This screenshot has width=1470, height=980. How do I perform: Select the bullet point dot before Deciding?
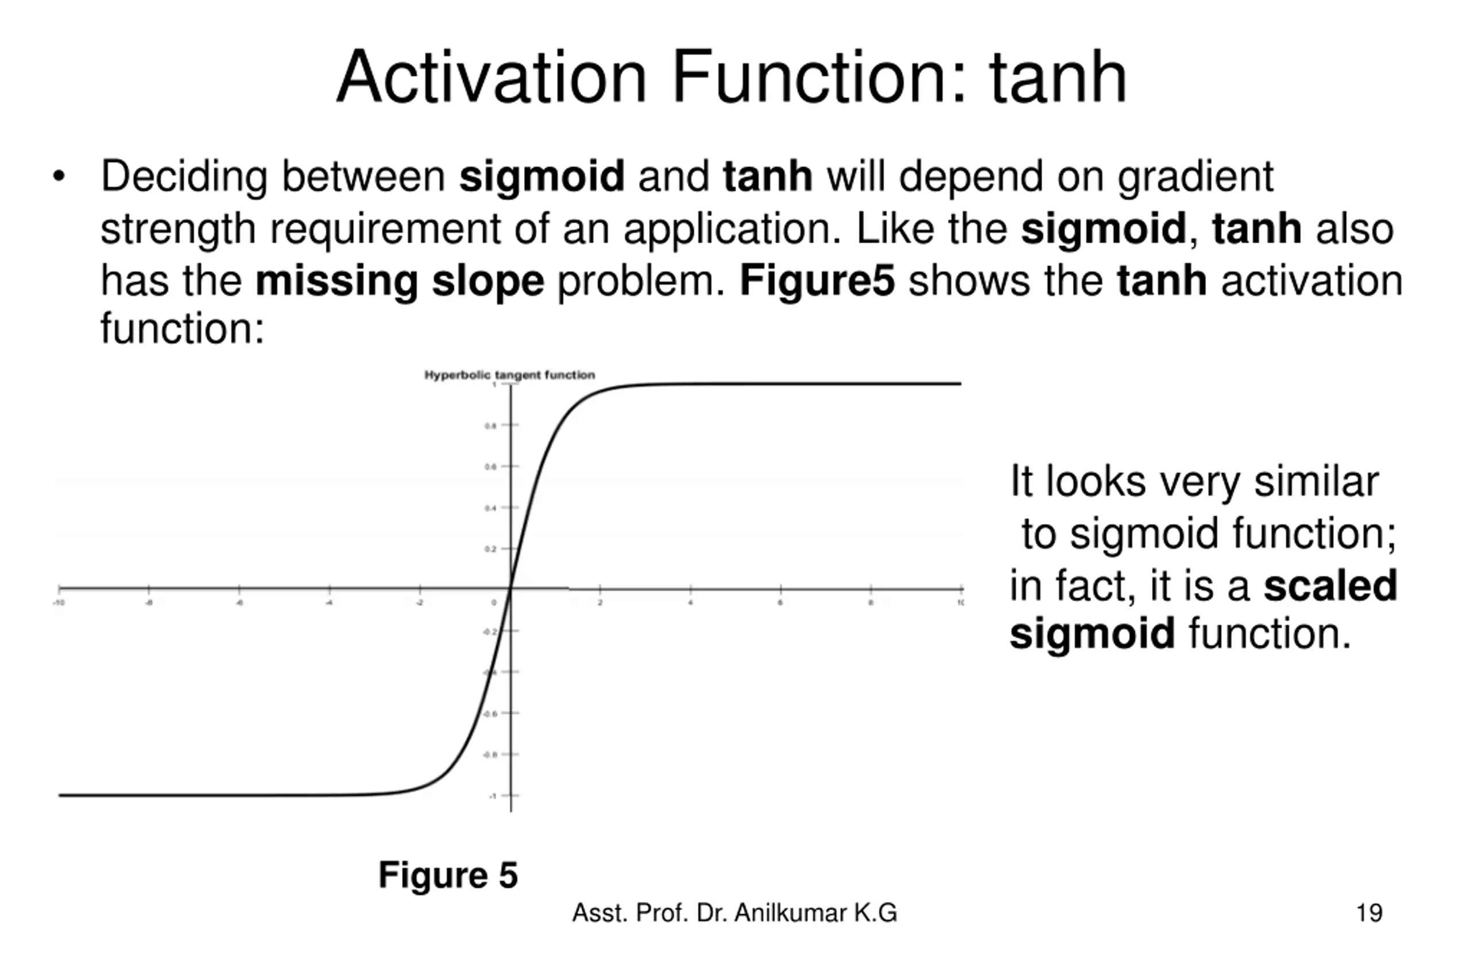coord(59,176)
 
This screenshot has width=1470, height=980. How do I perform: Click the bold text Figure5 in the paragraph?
coord(817,281)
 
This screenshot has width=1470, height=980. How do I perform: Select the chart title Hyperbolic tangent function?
coord(509,375)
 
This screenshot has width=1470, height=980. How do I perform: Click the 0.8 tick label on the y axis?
coord(490,425)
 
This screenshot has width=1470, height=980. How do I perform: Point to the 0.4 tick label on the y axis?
coord(490,508)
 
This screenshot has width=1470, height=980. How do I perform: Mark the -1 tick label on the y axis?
coord(493,796)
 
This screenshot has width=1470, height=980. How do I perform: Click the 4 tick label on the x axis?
coord(691,602)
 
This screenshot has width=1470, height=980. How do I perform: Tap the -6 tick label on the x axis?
coord(239,602)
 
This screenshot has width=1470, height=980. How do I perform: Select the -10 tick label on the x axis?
coord(59,602)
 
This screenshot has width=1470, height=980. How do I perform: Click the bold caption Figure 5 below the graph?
coord(447,875)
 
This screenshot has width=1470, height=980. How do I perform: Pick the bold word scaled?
coord(1330,586)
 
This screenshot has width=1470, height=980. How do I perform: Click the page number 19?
coord(1369,913)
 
